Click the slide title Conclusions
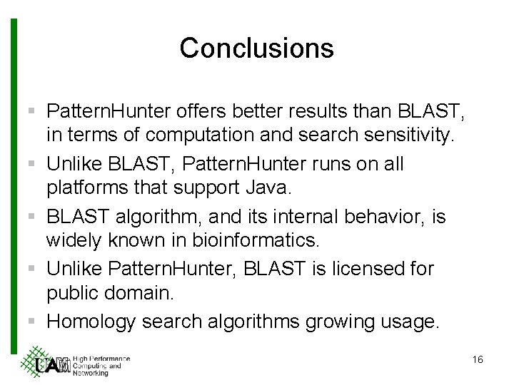pyautogui.click(x=256, y=48)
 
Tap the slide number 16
pyautogui.click(x=478, y=360)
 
